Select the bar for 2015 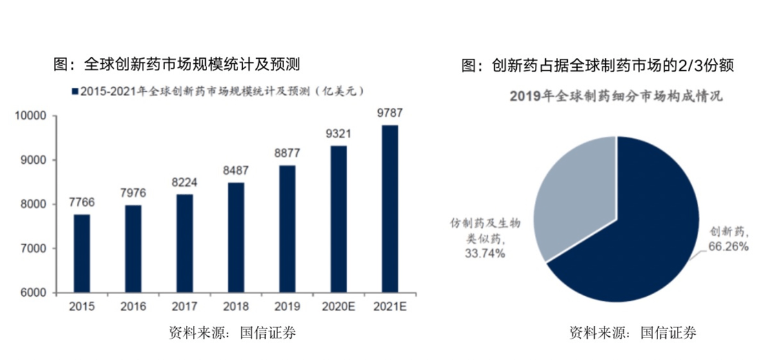(x=82, y=253)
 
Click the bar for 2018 (x=236, y=237)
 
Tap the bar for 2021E (x=390, y=208)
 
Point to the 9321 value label (x=339, y=134)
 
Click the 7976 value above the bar (x=133, y=193)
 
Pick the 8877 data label (x=287, y=154)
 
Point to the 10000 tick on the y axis (x=32, y=116)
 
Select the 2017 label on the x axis (x=185, y=306)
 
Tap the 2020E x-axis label (x=339, y=306)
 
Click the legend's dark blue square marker (x=74, y=92)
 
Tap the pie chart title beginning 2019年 (x=616, y=97)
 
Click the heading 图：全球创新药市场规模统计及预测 (x=176, y=65)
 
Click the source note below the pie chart (x=632, y=334)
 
